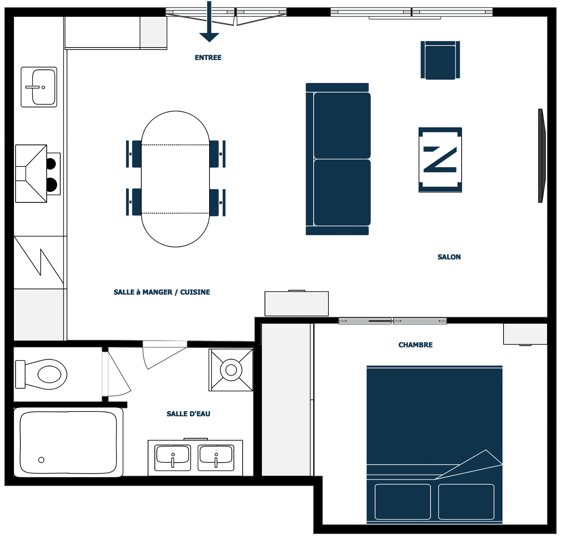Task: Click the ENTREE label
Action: [x=208, y=57]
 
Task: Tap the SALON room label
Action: [x=449, y=257]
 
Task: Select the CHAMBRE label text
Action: [x=415, y=345]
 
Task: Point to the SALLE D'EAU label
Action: [x=188, y=414]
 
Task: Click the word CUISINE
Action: [x=195, y=292]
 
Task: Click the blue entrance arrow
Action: [x=209, y=22]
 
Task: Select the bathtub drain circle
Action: [x=41, y=460]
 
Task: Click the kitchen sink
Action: [x=39, y=87]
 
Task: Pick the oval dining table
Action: [x=175, y=179]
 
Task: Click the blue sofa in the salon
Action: [x=338, y=159]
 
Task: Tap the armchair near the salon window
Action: [x=440, y=60]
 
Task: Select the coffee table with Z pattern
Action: [x=440, y=160]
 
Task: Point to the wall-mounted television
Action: [x=542, y=156]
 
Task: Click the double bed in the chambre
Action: [x=435, y=444]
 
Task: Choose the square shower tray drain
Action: [x=231, y=370]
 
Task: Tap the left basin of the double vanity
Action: [x=173, y=458]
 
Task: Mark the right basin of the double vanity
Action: [x=216, y=458]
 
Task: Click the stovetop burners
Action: [x=51, y=174]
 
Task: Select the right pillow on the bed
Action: [x=466, y=502]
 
